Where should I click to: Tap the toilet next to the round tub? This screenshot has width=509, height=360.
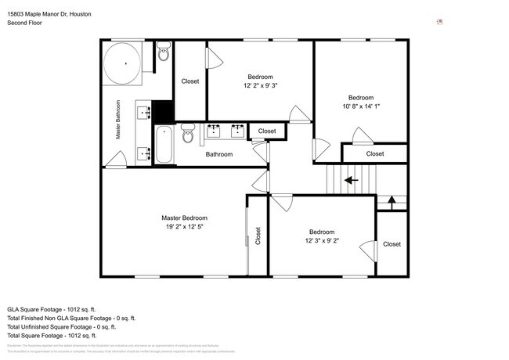coord(163,53)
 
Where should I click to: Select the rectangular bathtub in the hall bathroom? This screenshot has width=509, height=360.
coord(163,145)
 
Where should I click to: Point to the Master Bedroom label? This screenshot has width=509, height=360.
coord(185,218)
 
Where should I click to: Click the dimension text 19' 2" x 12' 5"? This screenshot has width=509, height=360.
coord(185,227)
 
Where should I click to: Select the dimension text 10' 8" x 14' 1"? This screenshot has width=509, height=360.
coord(361,107)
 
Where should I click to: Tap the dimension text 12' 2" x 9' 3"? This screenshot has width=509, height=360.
coord(260,85)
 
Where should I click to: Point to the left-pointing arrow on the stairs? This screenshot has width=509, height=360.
coord(351,180)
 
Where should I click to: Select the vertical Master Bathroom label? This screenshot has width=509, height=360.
coord(119,120)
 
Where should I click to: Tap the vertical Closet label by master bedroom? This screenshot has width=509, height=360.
coord(258,236)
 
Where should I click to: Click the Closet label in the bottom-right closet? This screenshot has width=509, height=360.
coord(392,244)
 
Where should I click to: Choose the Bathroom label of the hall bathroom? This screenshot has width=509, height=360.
coord(219,154)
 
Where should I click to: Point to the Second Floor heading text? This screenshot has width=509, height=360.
coord(24,23)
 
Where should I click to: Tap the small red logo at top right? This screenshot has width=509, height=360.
coord(440,22)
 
